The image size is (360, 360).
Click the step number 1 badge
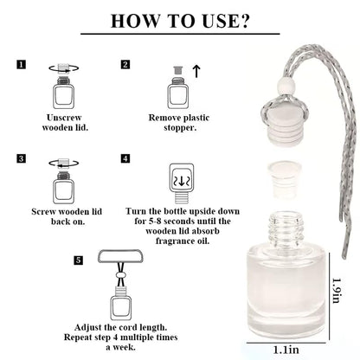point(21,64)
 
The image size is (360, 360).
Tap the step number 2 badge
point(125,64)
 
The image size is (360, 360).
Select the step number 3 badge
point(21,158)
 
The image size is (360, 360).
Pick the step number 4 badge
point(125,158)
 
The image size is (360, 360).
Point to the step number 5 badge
point(78,260)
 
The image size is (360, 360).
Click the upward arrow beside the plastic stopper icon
point(196,71)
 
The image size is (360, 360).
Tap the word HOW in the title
point(135,21)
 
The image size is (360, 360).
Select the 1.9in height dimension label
point(337,290)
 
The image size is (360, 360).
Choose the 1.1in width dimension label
point(286,350)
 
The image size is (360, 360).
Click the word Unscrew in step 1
point(64,118)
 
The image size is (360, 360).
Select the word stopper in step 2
point(180,128)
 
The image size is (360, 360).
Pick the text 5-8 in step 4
point(155,222)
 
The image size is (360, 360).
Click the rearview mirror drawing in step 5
point(120,256)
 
